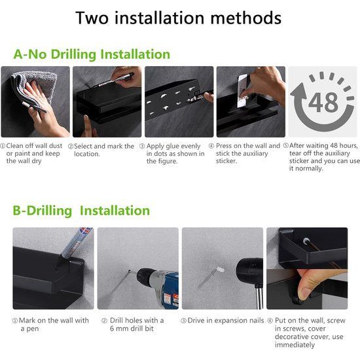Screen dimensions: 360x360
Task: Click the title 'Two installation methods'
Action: click(179, 18)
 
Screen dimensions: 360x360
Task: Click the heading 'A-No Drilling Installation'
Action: click(92, 54)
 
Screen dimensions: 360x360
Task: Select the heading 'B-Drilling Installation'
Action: click(81, 211)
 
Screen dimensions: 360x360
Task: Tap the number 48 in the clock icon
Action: click(323, 102)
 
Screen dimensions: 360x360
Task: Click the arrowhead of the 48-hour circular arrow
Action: click(299, 91)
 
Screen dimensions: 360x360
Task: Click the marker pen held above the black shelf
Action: click(114, 80)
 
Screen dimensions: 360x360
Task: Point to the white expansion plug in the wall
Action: click(220, 269)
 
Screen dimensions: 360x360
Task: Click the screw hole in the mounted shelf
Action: click(306, 242)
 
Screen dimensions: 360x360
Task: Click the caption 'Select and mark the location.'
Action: click(104, 150)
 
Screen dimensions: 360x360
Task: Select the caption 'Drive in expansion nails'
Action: click(226, 320)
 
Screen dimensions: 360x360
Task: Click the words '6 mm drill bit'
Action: click(132, 329)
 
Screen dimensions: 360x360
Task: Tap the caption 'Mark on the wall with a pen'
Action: click(54, 325)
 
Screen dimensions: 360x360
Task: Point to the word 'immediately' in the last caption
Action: click(295, 345)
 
